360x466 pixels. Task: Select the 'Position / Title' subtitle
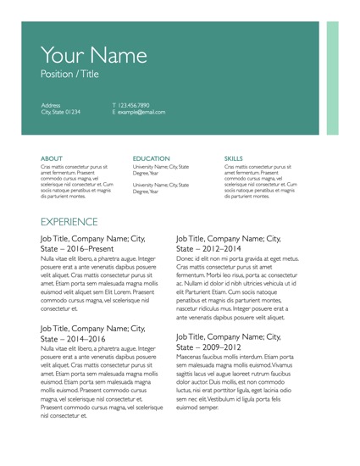tap(69, 75)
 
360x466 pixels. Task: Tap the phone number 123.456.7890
tap(134, 104)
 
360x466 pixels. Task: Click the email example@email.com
tap(141, 112)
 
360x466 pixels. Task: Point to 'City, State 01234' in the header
tap(60, 112)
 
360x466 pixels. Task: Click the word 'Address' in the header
tap(52, 104)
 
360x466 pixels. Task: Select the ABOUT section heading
tap(51, 158)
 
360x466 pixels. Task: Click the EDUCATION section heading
tap(152, 158)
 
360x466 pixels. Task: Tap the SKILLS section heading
tap(234, 158)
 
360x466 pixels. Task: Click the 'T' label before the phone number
tap(114, 104)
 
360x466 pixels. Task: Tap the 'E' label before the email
tap(114, 112)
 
